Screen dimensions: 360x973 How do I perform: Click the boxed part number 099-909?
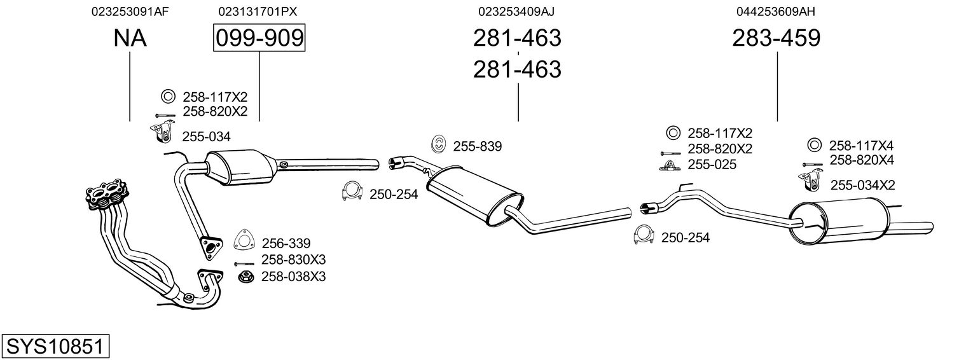point(259,39)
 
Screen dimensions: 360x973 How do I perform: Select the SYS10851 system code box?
point(55,347)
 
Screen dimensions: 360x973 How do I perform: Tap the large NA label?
point(130,39)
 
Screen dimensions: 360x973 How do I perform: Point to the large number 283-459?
point(776,39)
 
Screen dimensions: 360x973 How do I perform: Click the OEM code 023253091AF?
point(130,11)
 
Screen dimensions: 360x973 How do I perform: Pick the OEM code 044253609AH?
point(776,11)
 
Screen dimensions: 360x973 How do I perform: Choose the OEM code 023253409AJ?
point(518,11)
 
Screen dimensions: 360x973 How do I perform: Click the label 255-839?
point(477,147)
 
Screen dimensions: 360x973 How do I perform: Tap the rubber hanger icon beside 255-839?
point(439,144)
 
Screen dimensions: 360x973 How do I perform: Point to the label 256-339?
point(286,243)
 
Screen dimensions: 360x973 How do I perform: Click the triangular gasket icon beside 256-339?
point(244,239)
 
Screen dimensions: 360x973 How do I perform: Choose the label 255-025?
point(712,165)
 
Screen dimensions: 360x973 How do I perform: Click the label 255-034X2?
point(862,185)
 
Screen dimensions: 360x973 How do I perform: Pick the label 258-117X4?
point(861,145)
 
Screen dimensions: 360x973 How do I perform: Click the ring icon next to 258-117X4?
point(813,144)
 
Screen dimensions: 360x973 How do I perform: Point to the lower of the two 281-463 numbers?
point(517,69)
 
